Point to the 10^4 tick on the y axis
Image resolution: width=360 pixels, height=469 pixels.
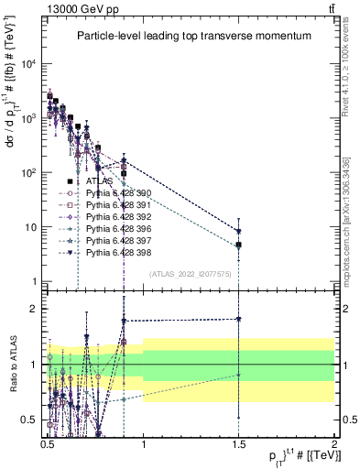28,63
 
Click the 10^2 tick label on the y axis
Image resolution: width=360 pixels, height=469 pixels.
28,172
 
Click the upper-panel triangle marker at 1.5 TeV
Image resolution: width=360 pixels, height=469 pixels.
238,232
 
